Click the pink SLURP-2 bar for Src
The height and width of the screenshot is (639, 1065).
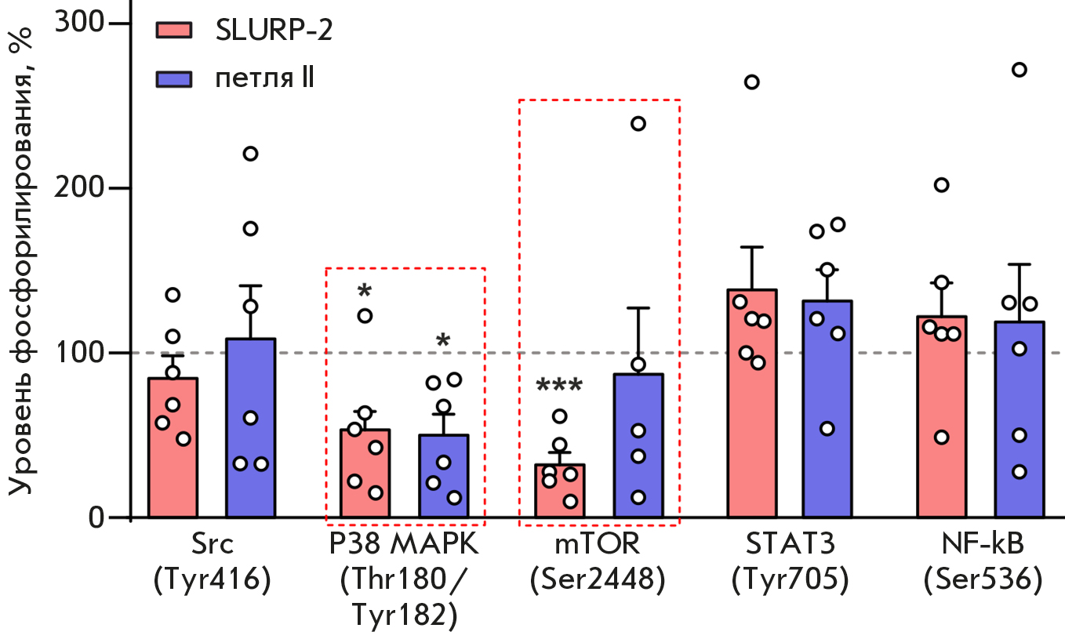173,470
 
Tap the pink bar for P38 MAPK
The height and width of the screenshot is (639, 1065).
365,486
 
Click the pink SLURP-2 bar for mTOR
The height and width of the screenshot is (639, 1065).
560,502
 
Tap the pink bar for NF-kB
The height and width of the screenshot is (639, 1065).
941,470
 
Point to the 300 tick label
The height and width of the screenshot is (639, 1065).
81,24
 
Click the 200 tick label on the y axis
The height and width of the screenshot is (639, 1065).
81,188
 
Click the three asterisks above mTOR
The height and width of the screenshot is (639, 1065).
559,387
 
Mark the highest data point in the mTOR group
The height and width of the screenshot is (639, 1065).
638,123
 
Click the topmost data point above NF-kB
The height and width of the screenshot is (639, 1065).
1019,70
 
